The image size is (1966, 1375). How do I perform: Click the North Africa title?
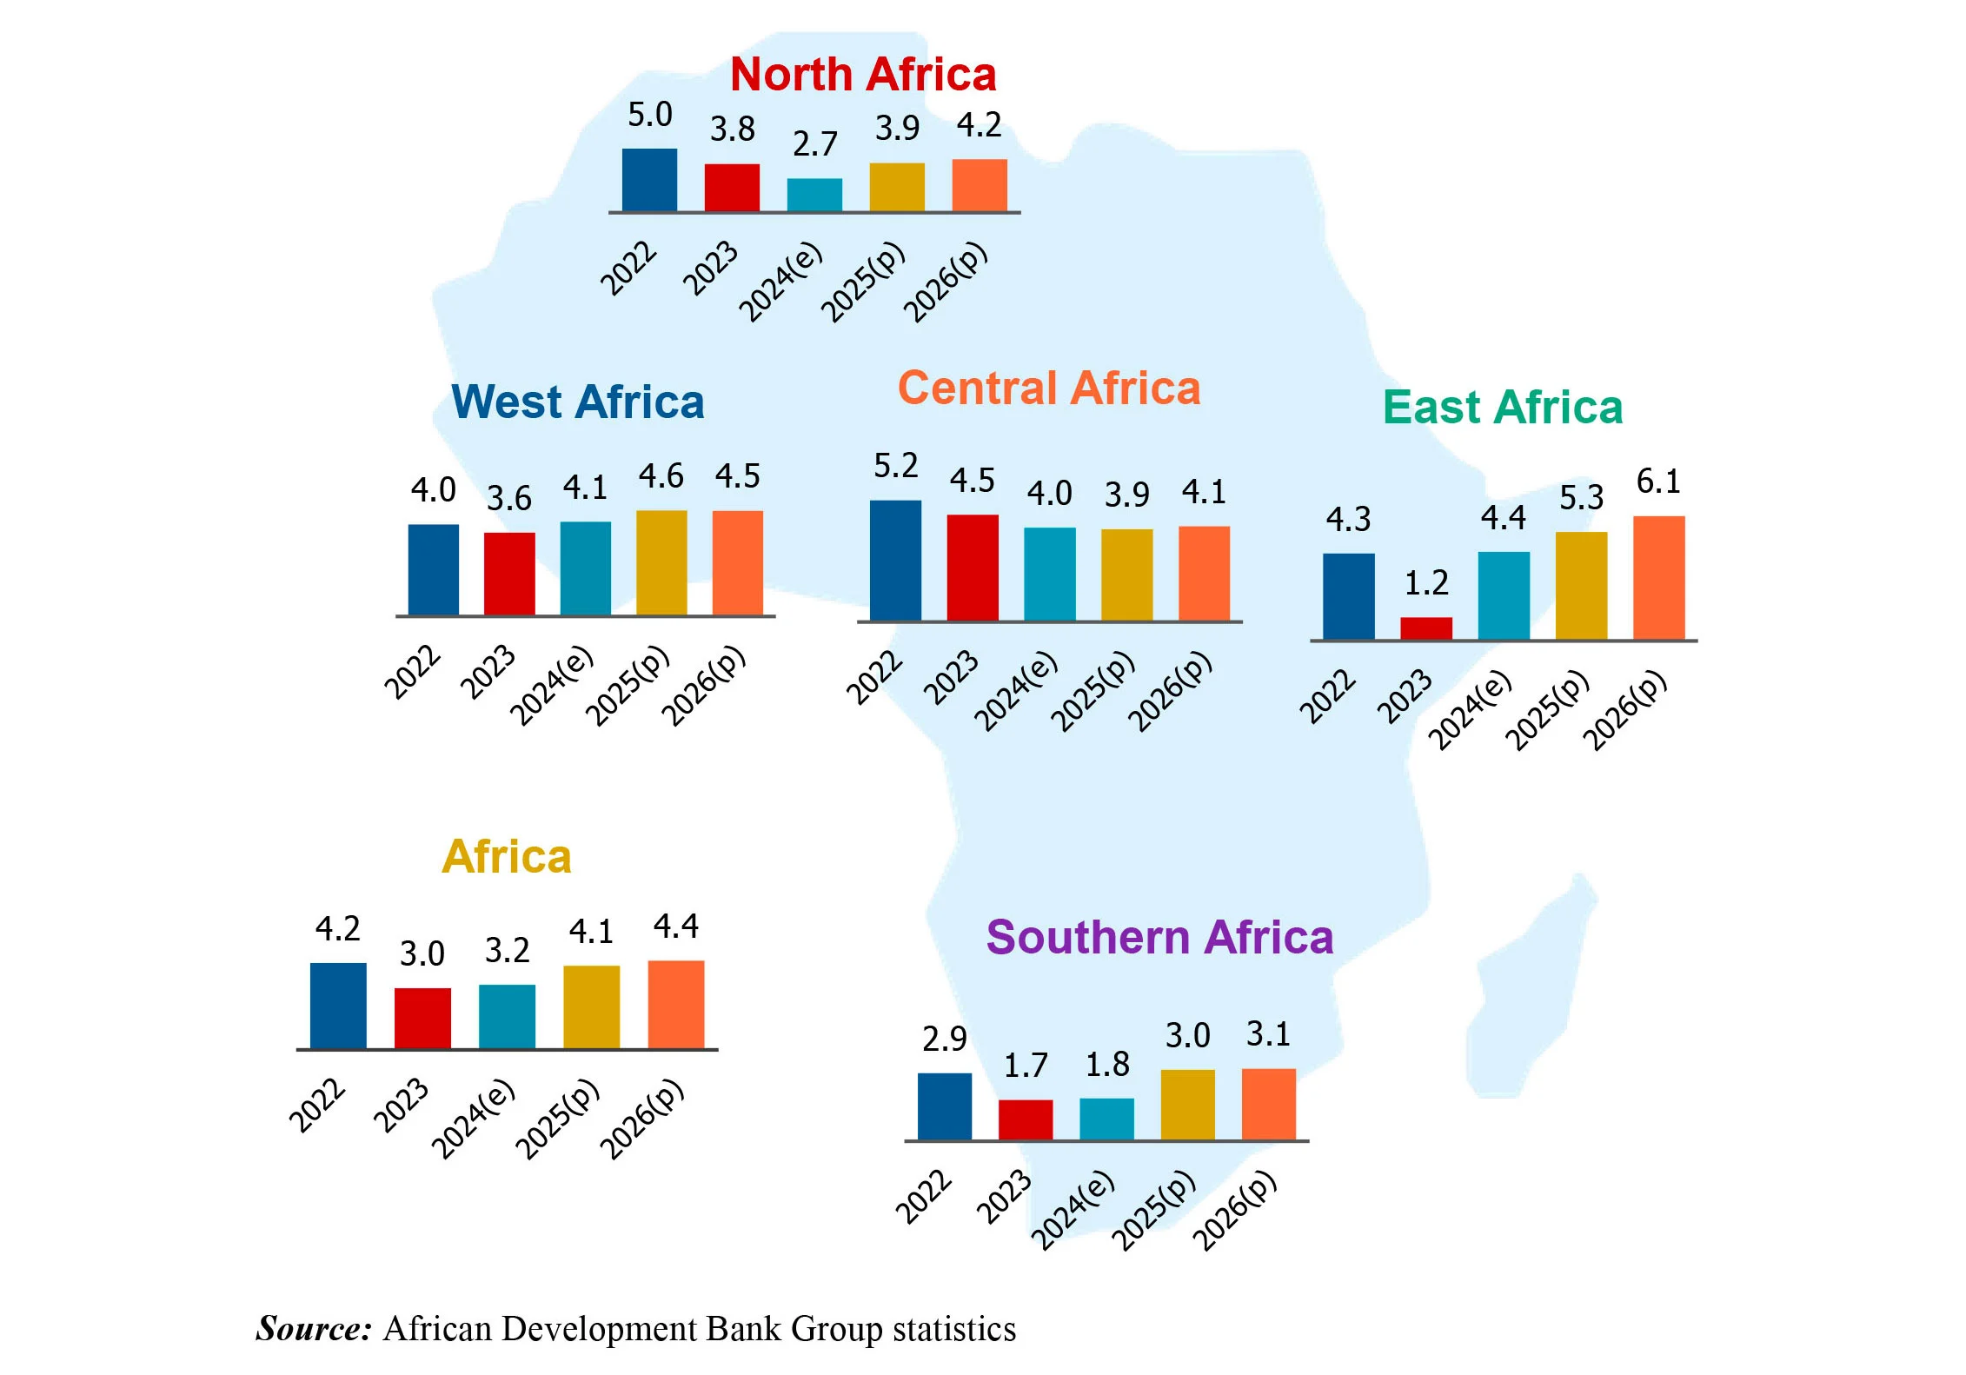[862, 75]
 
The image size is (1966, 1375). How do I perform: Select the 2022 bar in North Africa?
[649, 180]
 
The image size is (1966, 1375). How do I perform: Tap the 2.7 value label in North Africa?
[814, 144]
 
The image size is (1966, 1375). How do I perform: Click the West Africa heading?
[577, 402]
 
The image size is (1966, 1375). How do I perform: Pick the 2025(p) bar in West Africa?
[661, 562]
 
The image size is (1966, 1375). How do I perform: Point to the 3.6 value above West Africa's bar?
[508, 499]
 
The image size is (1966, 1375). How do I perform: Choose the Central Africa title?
[1048, 389]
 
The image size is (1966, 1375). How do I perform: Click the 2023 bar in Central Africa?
[972, 568]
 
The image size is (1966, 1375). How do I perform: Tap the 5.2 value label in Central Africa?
[895, 466]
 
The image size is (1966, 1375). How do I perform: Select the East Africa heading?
[1502, 408]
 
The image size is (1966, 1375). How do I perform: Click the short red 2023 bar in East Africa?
[1425, 628]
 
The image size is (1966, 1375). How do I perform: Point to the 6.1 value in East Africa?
[1657, 482]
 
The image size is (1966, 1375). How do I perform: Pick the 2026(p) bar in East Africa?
[1658, 578]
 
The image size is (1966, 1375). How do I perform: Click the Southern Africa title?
[1159, 938]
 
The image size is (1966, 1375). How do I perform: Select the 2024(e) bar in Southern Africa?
[1106, 1119]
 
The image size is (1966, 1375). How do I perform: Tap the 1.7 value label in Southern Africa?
[1026, 1066]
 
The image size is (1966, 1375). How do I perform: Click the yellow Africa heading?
[506, 857]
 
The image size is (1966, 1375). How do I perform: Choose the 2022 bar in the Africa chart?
[338, 1006]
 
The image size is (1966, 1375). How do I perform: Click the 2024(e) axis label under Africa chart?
[473, 1119]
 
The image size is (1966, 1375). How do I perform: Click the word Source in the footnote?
[314, 1329]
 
